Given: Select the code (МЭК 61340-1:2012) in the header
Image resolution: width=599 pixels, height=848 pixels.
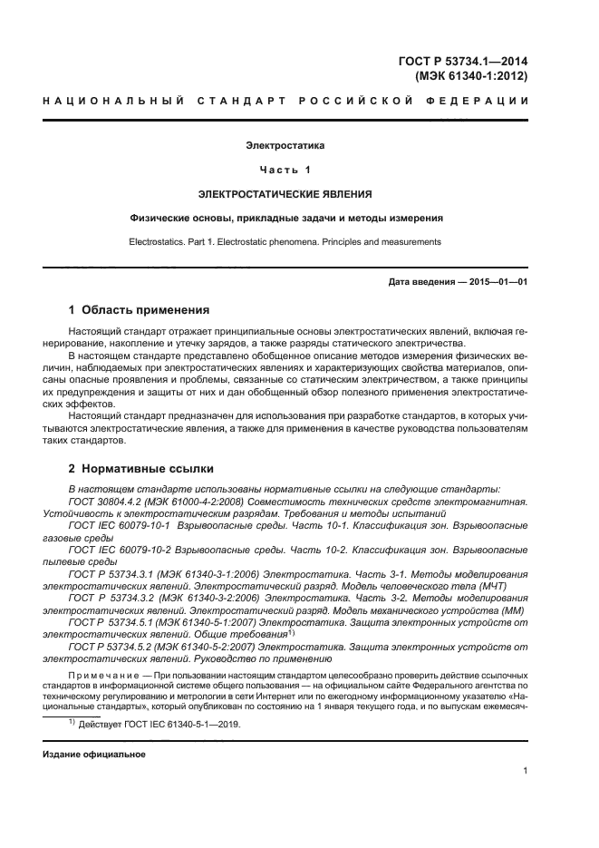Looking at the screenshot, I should click(471, 77).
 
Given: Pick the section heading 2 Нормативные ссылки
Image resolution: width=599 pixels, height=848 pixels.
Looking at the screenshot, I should click(141, 469).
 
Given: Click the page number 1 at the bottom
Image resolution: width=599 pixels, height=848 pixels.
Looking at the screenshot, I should click(525, 771).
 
